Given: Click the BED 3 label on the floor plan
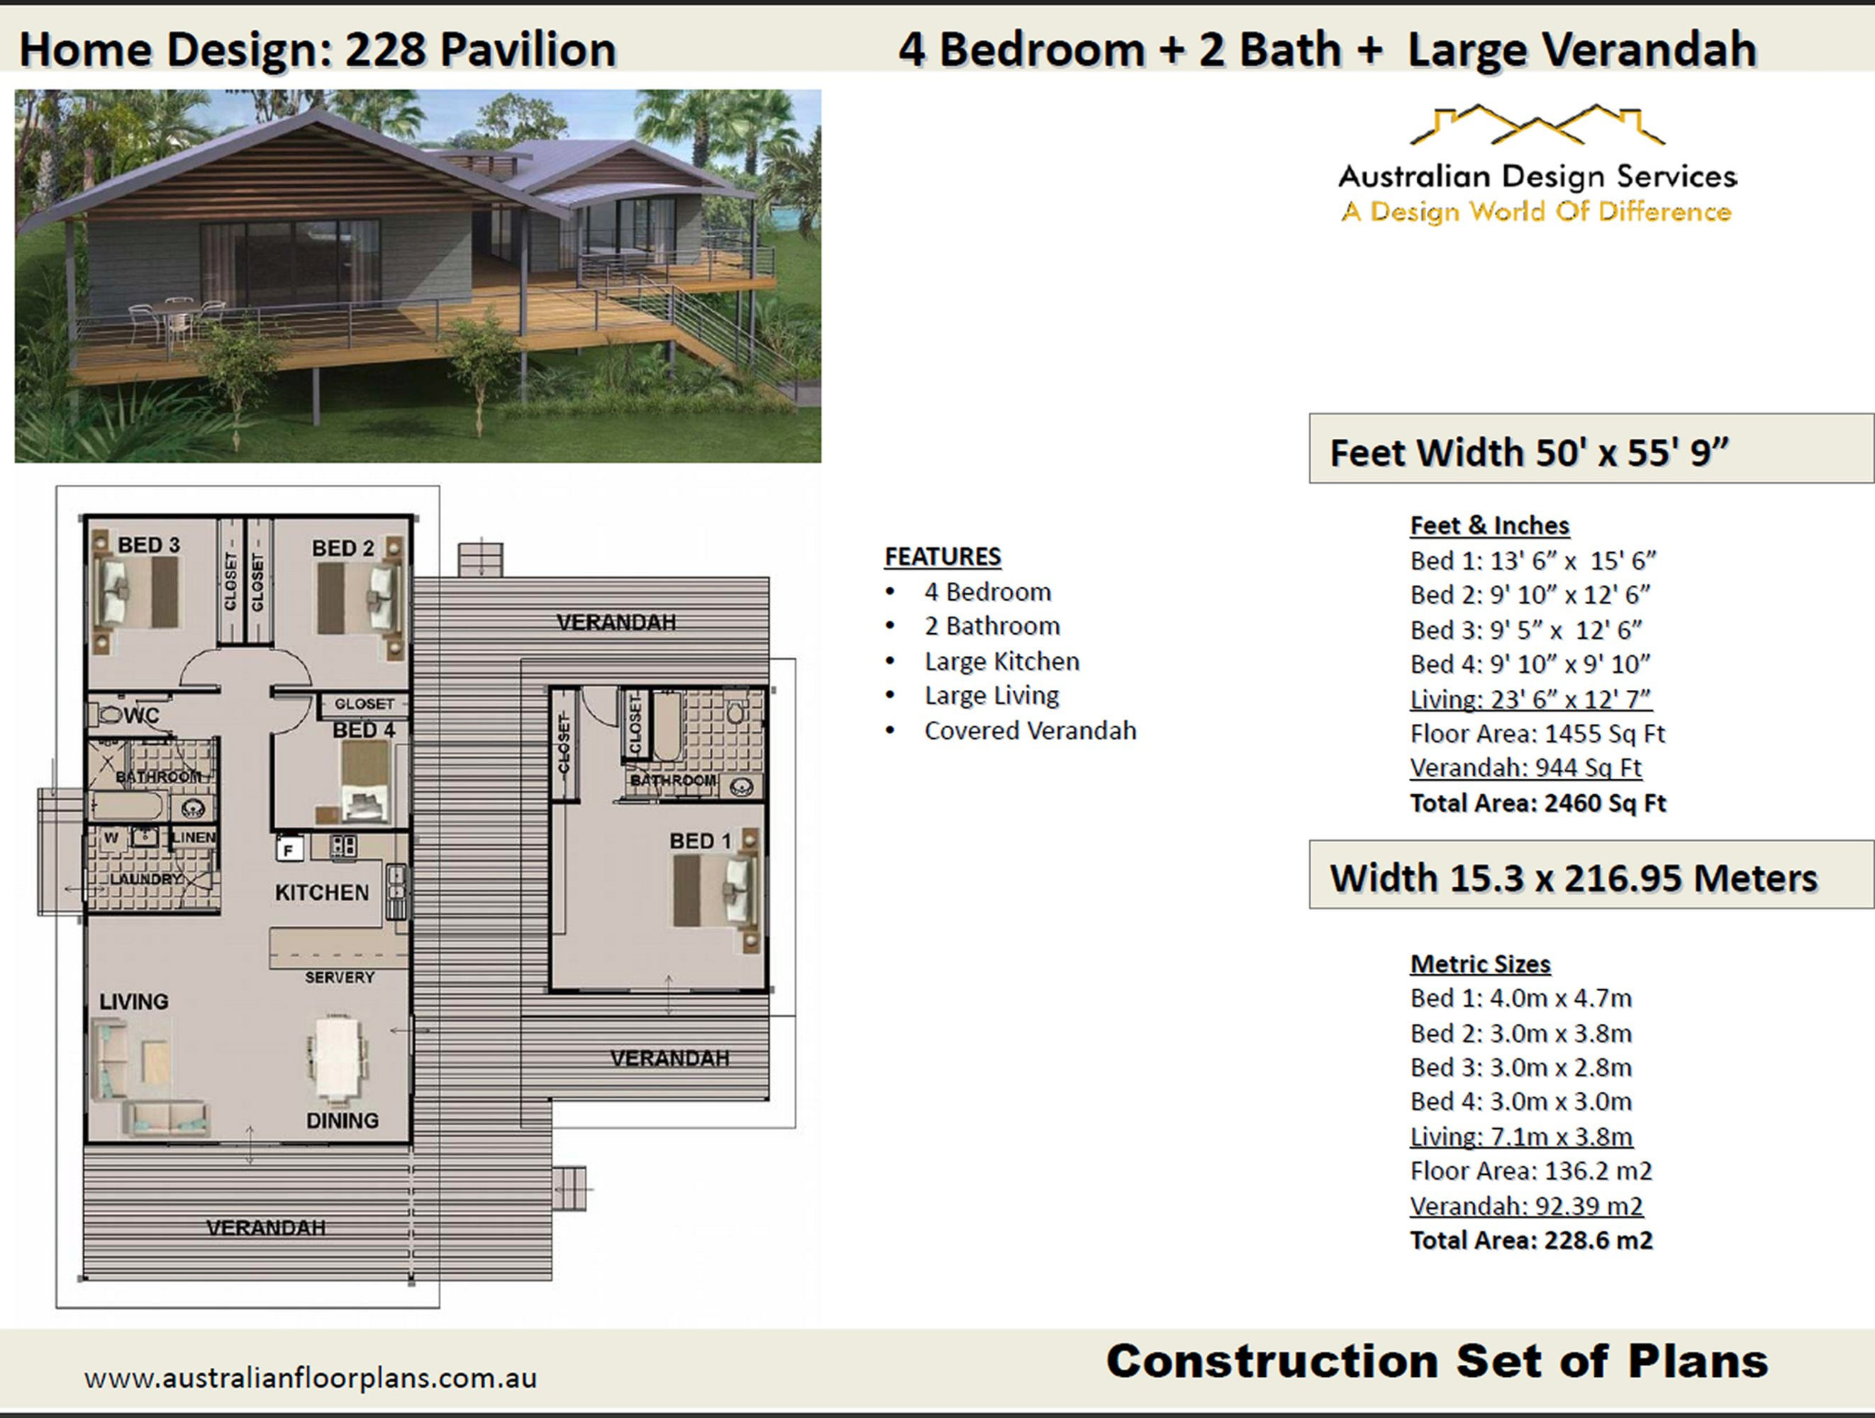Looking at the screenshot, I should pos(148,545).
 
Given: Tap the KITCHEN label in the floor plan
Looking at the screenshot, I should pos(321,893).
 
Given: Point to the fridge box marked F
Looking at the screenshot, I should pos(289,849).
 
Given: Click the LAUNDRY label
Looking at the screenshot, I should pos(146,879).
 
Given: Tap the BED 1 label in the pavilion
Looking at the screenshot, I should pos(699,841).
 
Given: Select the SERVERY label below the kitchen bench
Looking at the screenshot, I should pos(339,977).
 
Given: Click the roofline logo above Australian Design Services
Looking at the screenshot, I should pos(1536,125).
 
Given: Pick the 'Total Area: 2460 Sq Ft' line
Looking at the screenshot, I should pos(1537,803).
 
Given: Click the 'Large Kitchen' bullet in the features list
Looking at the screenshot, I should pos(1001,661).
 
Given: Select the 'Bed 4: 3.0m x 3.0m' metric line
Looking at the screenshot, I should pos(1520,1102).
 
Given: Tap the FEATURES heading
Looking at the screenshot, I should pos(942,557).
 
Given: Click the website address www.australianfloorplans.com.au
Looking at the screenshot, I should pos(310,1378).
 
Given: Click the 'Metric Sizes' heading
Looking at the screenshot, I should pos(1479,964).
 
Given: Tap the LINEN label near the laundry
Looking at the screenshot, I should pos(194,837).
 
